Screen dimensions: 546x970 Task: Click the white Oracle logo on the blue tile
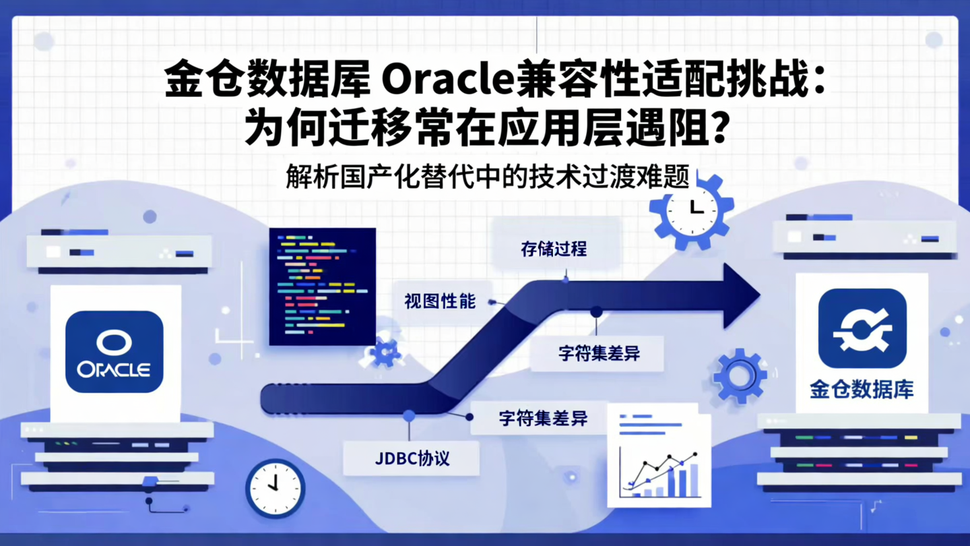coord(114,352)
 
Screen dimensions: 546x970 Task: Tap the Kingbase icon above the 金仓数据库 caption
coord(862,329)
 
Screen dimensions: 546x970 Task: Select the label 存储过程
coord(554,249)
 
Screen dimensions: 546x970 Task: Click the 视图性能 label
coord(440,301)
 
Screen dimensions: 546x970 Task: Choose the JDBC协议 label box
coord(412,459)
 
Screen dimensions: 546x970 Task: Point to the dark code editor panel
coord(322,286)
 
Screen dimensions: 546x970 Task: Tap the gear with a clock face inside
coord(691,211)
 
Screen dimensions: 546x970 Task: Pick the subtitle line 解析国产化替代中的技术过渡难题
coord(488,177)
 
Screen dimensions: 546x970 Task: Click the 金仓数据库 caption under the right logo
coord(862,390)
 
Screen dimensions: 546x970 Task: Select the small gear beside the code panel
coord(385,352)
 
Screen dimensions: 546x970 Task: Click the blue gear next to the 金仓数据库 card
coord(739,375)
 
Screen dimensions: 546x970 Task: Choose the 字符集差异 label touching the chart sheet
coord(543,419)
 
